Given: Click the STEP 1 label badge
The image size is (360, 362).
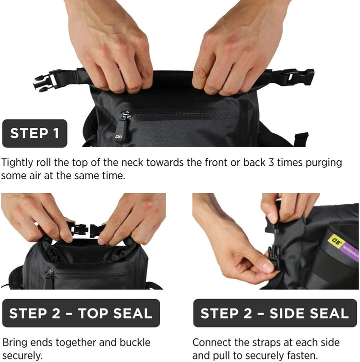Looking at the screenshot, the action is (34, 133).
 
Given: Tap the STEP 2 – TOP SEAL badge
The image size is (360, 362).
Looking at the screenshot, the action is (81, 313).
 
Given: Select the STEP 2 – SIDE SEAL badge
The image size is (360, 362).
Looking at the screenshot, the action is (275, 313).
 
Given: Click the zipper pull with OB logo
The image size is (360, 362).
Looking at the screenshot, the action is (121, 130).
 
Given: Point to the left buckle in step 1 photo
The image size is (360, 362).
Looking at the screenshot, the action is (45, 80).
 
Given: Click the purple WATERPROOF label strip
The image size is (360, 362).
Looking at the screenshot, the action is (350, 252).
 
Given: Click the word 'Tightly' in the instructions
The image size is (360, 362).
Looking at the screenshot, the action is (17, 163).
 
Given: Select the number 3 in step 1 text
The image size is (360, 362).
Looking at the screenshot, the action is (271, 163).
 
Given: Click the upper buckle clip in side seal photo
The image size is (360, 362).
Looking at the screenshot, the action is (271, 225).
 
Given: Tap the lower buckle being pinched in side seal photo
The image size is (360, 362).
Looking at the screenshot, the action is (273, 257).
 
